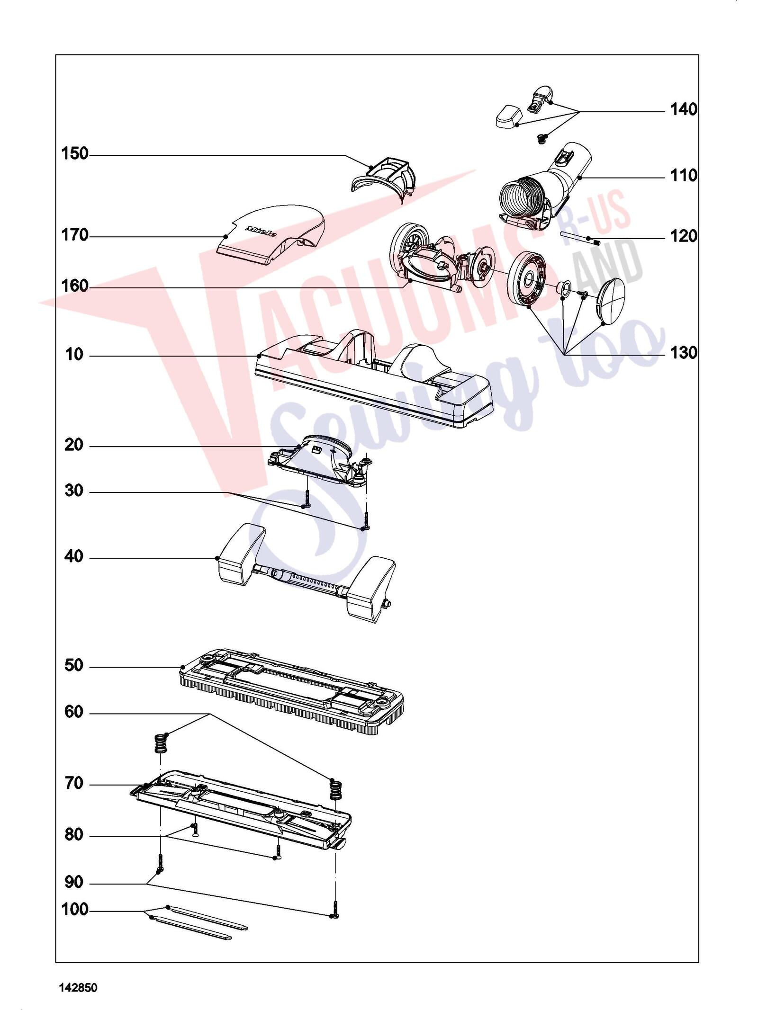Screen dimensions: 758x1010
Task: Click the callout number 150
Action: point(75,154)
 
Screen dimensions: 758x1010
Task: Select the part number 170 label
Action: point(75,235)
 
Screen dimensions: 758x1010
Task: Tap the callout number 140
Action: point(684,110)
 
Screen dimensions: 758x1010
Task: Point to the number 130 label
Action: point(684,353)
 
